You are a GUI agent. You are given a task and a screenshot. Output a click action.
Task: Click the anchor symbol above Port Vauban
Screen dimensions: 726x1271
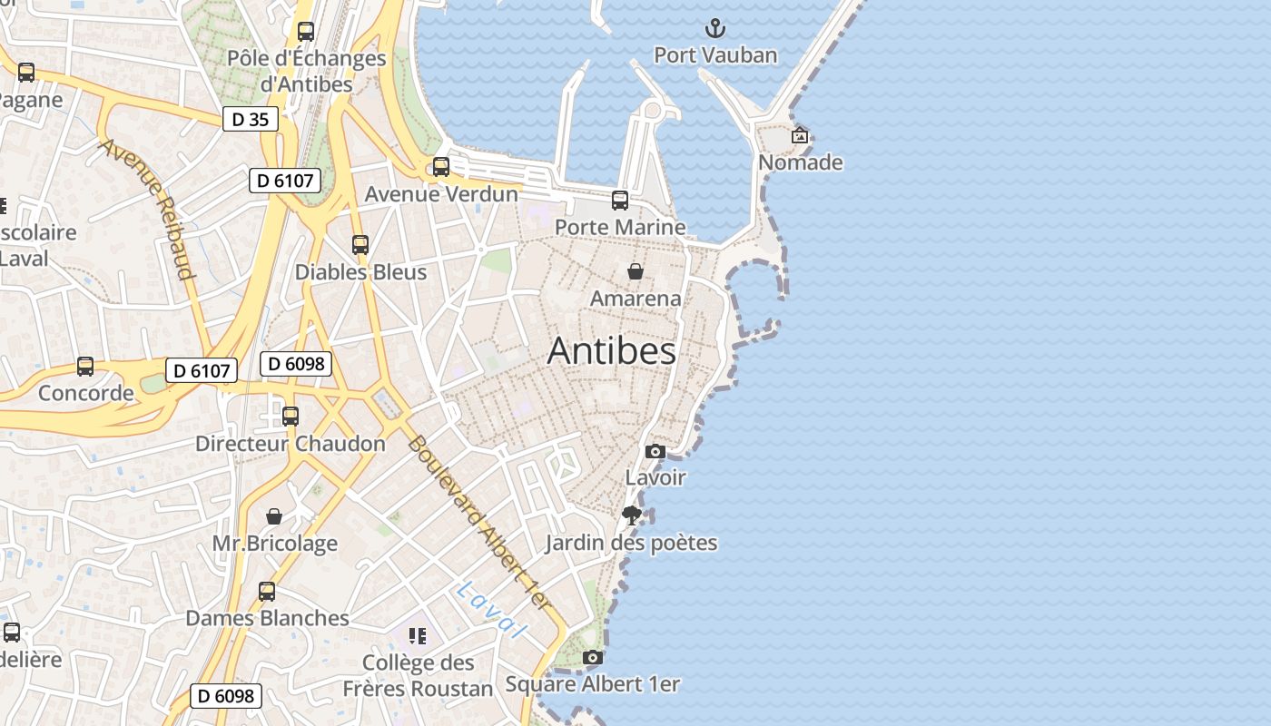715,27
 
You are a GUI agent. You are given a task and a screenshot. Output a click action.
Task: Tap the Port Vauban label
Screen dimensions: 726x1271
715,55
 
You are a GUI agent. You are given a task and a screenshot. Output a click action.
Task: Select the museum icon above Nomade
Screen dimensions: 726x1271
800,135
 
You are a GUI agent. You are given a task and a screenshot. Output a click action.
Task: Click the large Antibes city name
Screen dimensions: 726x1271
611,351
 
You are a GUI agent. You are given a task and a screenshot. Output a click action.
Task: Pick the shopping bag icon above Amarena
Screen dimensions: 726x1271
635,270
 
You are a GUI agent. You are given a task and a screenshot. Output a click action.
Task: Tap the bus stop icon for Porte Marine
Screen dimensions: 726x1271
620,200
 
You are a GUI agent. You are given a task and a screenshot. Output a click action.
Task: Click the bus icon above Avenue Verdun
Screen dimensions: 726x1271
441,166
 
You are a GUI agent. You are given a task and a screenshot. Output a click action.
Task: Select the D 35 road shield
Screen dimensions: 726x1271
251,119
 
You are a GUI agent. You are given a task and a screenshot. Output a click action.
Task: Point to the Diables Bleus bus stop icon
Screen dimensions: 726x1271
360,244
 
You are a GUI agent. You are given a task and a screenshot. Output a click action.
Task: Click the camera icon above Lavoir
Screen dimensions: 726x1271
655,451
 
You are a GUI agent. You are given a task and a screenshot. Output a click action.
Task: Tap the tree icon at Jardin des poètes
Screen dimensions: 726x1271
632,515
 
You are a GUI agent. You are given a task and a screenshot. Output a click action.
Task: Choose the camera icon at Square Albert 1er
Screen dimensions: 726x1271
592,657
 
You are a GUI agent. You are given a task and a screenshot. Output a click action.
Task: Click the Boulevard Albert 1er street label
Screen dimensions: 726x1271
478,522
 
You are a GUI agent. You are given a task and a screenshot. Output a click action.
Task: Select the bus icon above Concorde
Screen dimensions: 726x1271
85,366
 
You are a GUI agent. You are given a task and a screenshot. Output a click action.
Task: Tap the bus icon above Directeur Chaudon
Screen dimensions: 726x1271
291,416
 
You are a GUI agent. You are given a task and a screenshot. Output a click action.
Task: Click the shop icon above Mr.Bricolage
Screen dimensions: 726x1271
274,516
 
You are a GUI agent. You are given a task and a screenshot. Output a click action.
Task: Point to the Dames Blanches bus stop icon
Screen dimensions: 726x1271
267,591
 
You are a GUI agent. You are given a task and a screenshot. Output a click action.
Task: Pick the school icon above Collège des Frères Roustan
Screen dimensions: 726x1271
418,635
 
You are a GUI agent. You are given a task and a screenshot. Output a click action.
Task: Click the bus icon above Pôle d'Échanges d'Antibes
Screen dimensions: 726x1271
306,31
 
